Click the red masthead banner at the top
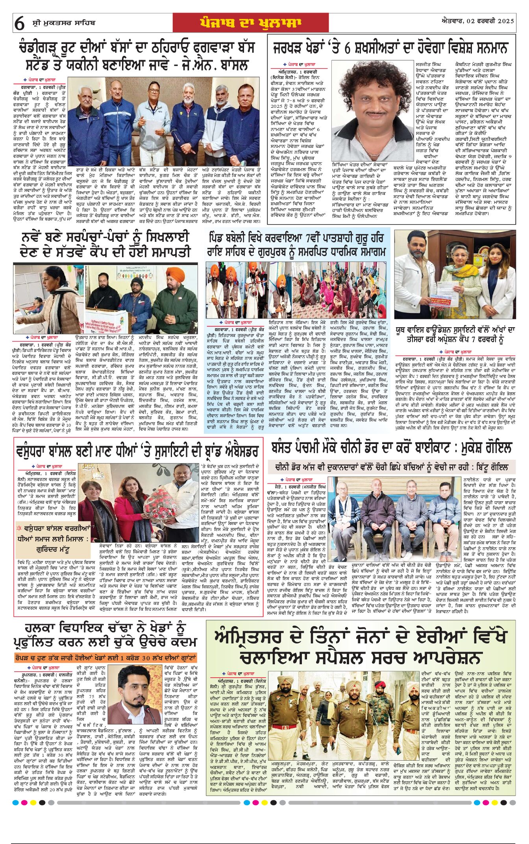click(251, 23)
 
